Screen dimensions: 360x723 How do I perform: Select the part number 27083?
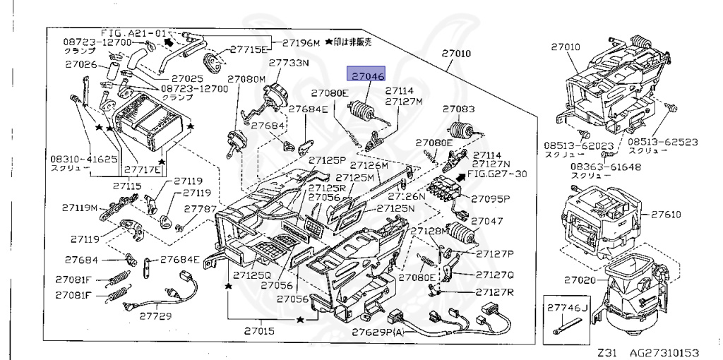tap(459, 109)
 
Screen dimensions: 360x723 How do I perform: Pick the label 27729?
tap(155, 316)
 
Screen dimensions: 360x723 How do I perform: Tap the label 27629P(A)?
tap(378, 332)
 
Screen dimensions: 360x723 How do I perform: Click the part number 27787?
tap(200, 209)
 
